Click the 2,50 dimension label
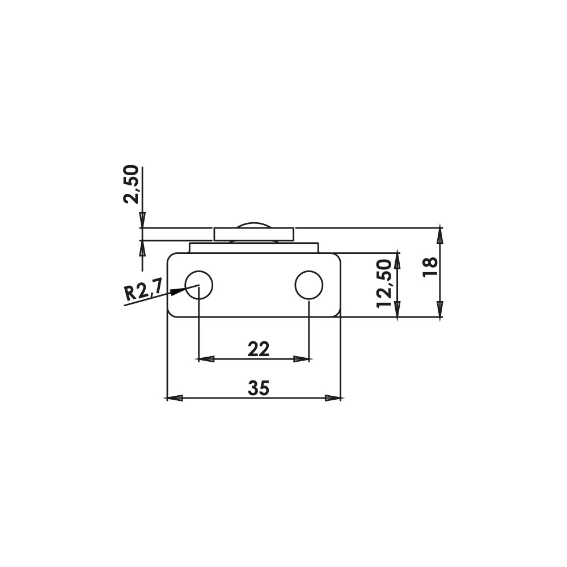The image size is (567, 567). click(x=131, y=184)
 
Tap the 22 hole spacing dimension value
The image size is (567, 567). click(x=259, y=349)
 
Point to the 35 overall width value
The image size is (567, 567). click(x=259, y=388)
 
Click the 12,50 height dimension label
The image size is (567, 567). click(x=384, y=283)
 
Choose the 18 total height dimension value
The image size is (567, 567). click(x=430, y=267)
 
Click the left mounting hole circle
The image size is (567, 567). click(x=199, y=285)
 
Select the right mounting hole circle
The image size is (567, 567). click(x=309, y=285)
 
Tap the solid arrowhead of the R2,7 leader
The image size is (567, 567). click(x=177, y=291)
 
